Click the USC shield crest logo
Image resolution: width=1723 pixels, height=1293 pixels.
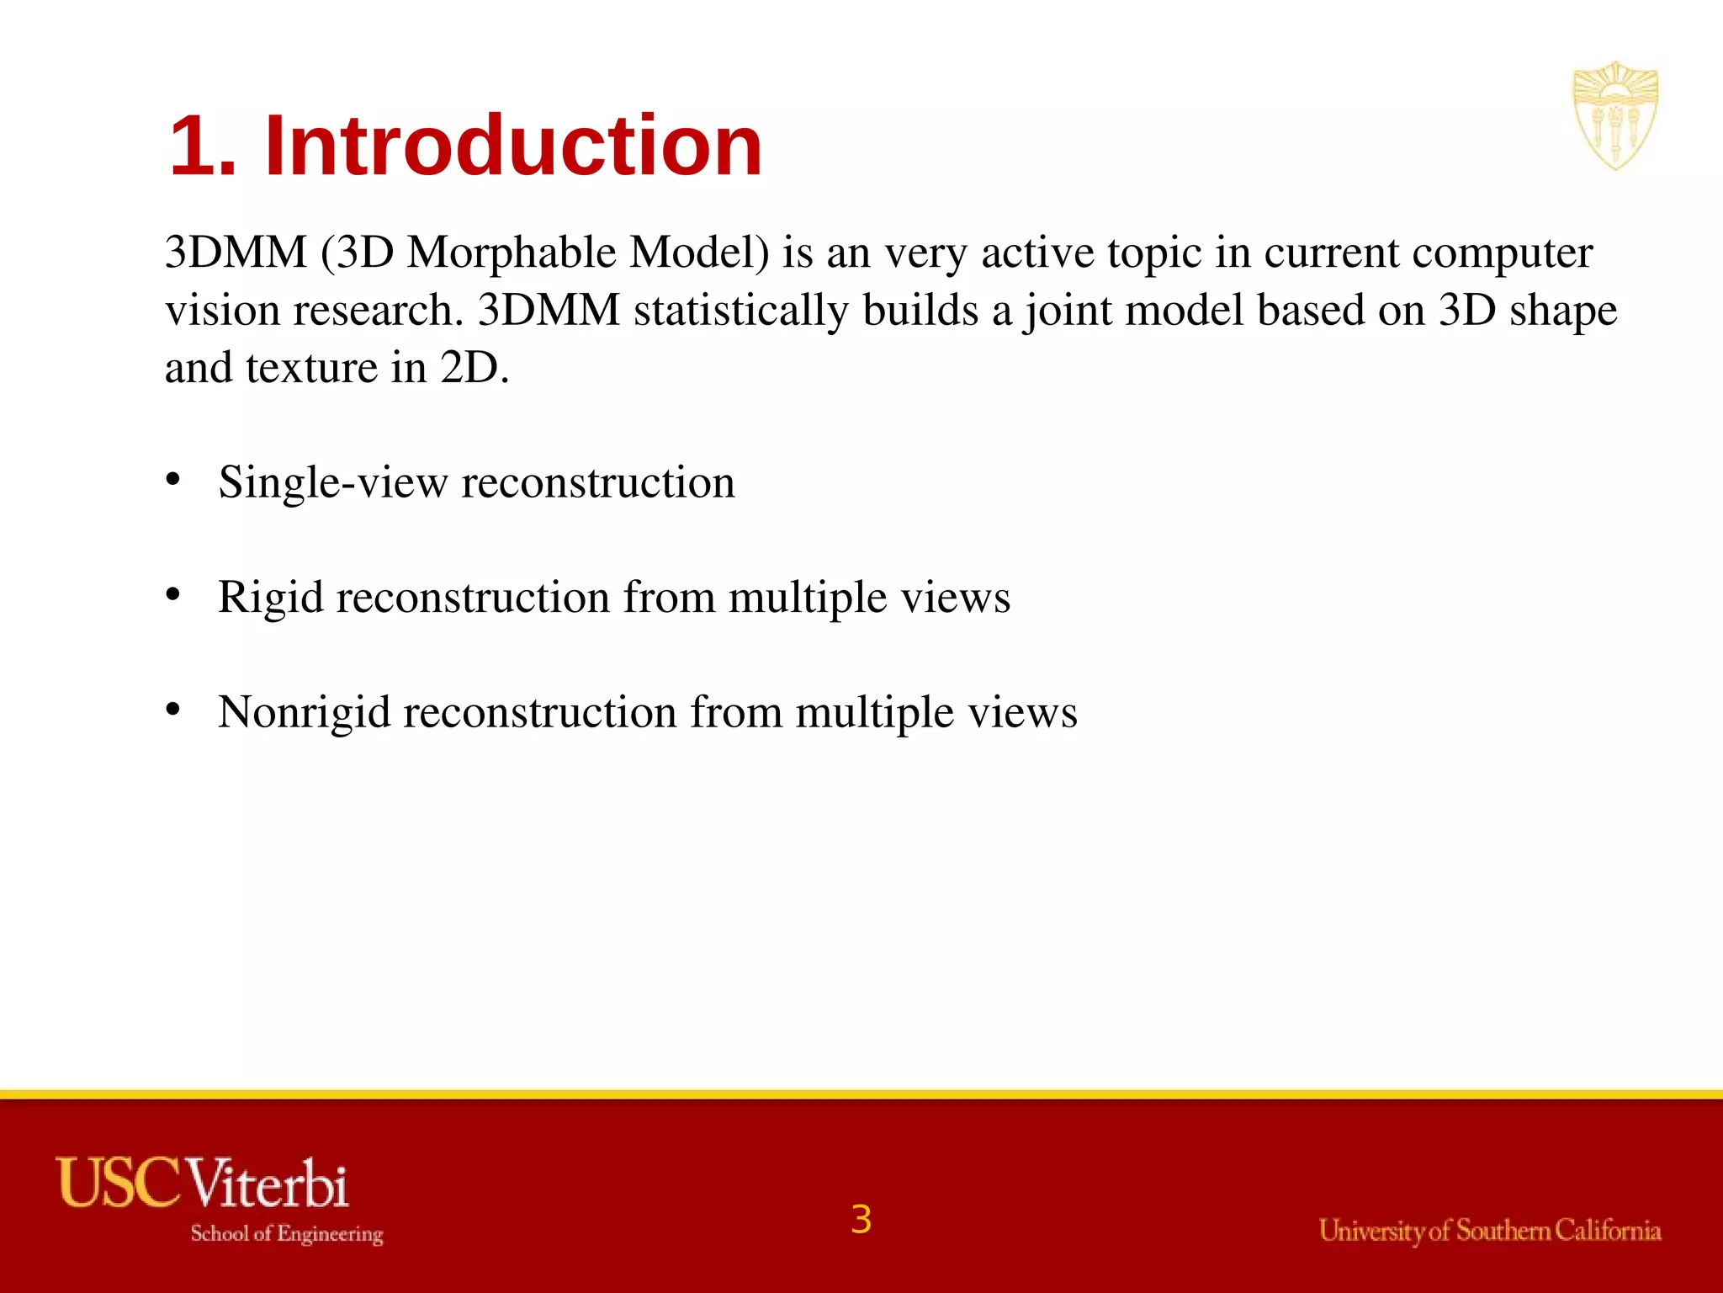tap(1614, 115)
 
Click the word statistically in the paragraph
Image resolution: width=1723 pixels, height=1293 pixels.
tap(740, 310)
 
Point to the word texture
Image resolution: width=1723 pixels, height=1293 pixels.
tap(311, 368)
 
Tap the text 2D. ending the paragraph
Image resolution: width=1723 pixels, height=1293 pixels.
tap(474, 368)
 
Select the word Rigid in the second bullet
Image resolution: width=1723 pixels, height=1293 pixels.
tap(270, 598)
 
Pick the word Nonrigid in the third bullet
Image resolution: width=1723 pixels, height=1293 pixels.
tap(304, 712)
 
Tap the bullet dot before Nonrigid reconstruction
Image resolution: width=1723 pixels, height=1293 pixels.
tap(173, 710)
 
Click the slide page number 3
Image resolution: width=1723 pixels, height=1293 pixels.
tap(861, 1219)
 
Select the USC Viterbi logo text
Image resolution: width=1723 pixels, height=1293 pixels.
tap(202, 1183)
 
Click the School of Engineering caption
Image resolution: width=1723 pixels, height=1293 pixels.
tap(287, 1233)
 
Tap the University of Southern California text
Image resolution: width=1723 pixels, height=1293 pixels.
tap(1489, 1231)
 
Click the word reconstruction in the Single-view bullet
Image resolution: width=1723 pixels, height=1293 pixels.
tap(598, 482)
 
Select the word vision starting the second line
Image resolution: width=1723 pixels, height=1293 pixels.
tap(222, 310)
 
